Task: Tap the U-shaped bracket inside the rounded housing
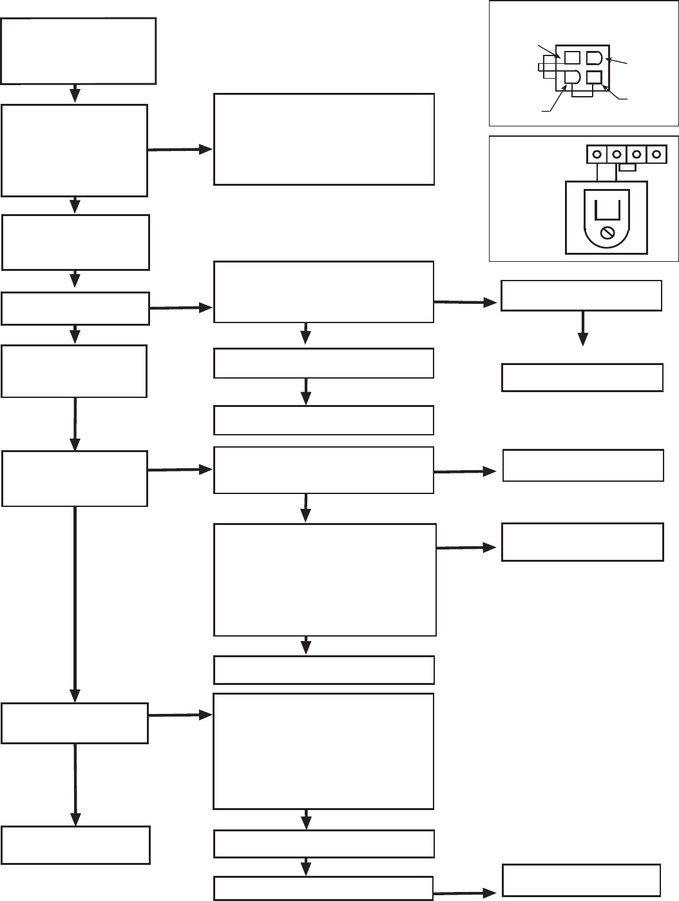tap(606, 210)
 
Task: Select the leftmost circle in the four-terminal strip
tap(597, 155)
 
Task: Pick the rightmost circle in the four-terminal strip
tap(656, 155)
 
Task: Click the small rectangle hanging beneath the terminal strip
tap(627, 167)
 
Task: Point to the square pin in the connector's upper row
tap(572, 58)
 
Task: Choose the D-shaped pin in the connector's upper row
tap(594, 58)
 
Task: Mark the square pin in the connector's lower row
tap(594, 77)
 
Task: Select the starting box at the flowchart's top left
tap(79, 50)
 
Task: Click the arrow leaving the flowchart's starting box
tap(75, 94)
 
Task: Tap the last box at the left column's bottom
tap(75, 845)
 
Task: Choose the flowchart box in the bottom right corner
tap(581, 880)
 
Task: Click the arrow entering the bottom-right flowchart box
tap(465, 894)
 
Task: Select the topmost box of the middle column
tap(323, 139)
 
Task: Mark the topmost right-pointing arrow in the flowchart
tap(180, 150)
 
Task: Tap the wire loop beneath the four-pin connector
tap(583, 94)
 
